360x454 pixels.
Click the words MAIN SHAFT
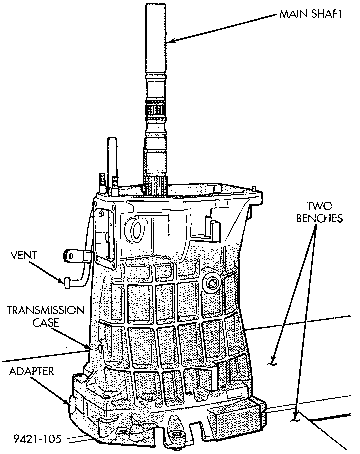point(310,14)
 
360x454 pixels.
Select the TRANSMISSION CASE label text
point(45,316)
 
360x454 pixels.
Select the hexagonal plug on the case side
point(213,283)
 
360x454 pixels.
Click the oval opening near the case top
point(136,228)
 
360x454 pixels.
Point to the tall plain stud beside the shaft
point(109,160)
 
